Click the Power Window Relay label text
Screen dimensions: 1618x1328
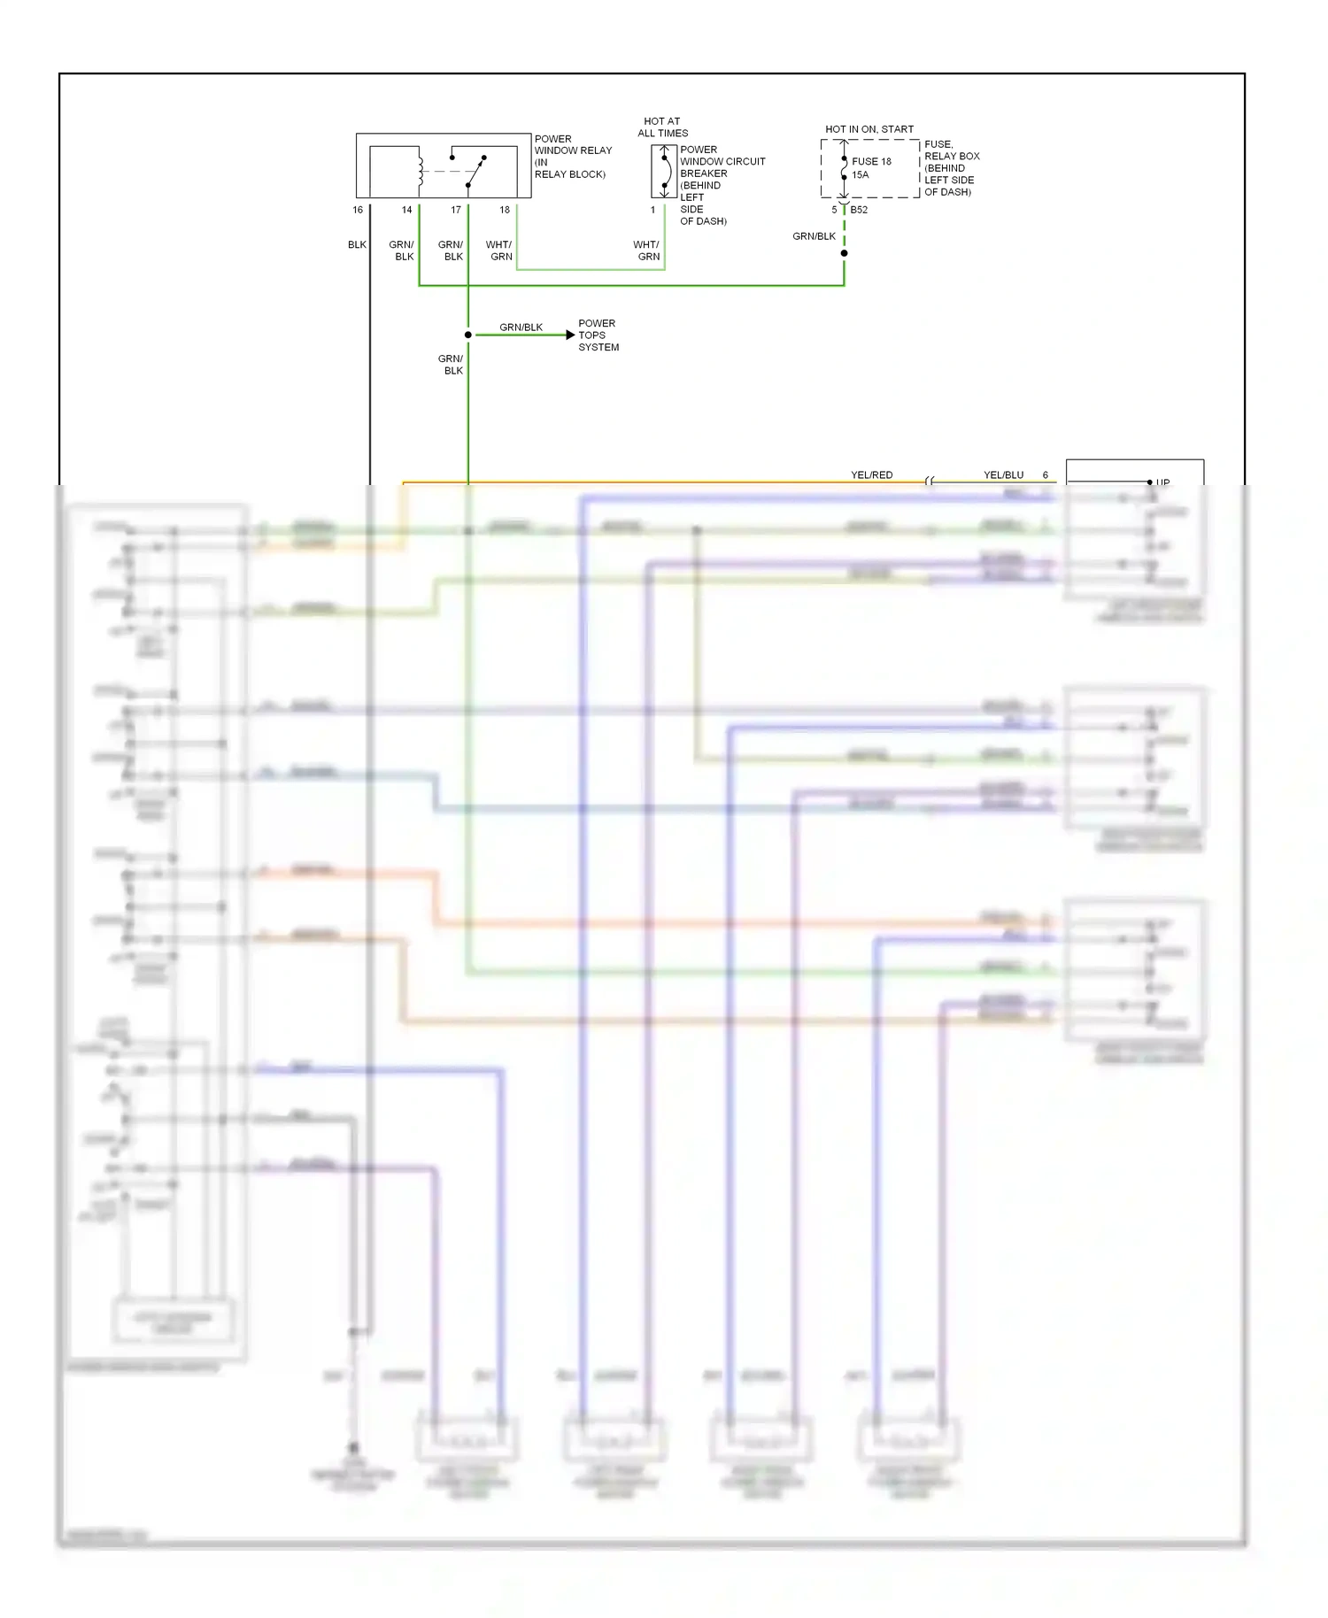[x=572, y=157]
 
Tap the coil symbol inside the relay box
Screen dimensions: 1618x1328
[x=421, y=172]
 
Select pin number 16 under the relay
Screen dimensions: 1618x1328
[x=358, y=210]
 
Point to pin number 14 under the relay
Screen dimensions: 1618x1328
[x=407, y=210]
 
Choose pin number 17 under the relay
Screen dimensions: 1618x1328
[x=456, y=210]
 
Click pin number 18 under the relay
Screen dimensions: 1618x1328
[x=505, y=210]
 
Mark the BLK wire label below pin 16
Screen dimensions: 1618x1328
[x=357, y=245]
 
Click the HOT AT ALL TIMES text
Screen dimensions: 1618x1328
[x=662, y=127]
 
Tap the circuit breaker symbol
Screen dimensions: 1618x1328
[x=664, y=172]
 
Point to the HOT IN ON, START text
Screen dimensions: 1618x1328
[x=869, y=129]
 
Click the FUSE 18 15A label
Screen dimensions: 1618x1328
[x=870, y=168]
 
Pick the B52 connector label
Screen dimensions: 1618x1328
[x=859, y=210]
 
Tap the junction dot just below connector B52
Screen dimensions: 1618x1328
[x=844, y=253]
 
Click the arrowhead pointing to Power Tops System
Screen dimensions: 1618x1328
[x=570, y=335]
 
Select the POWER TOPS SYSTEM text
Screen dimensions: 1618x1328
[x=598, y=335]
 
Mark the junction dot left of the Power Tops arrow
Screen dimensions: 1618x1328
[x=468, y=335]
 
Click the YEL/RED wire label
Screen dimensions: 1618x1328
[x=872, y=475]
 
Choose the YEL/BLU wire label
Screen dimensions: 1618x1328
[x=1003, y=475]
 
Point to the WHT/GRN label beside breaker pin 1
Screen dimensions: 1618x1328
[x=646, y=250]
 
